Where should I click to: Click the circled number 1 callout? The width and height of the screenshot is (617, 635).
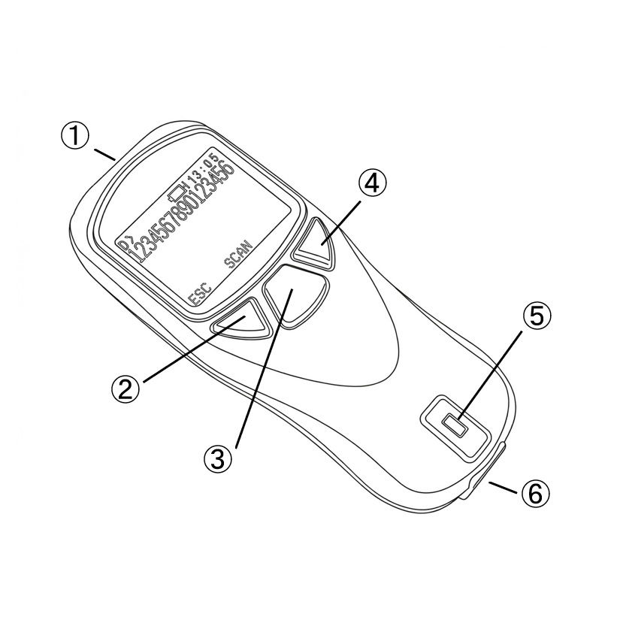[74, 136]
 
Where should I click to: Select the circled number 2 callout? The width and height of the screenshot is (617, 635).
[126, 389]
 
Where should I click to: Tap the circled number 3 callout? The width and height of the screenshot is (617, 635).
[218, 458]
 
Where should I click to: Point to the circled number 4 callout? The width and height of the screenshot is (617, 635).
[372, 183]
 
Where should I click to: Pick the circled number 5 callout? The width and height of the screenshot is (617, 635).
[537, 316]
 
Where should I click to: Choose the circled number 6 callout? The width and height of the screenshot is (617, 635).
[536, 493]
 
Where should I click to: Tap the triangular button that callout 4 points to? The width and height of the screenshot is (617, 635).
[315, 244]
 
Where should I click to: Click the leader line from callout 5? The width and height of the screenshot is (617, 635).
[489, 374]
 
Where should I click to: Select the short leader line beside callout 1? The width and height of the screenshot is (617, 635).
[105, 155]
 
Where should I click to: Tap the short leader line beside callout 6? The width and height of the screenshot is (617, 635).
[504, 487]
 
